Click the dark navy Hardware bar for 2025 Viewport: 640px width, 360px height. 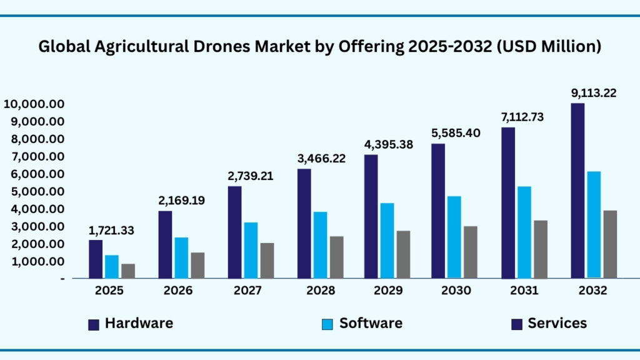pyautogui.click(x=96, y=259)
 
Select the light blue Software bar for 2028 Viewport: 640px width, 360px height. pyautogui.click(x=320, y=244)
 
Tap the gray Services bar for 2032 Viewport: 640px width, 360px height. pyautogui.click(x=610, y=244)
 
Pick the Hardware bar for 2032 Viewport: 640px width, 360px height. pyautogui.click(x=577, y=191)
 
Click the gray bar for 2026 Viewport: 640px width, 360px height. pyautogui.click(x=197, y=265)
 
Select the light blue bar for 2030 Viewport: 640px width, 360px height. pyautogui.click(x=454, y=237)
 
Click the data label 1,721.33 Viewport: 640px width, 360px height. pyautogui.click(x=111, y=231)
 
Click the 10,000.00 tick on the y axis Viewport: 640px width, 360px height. pyautogui.click(x=35, y=104)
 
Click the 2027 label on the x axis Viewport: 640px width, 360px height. pyautogui.click(x=247, y=291)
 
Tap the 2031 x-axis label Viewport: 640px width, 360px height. pyautogui.click(x=524, y=291)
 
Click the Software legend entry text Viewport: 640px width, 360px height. pyautogui.click(x=371, y=323)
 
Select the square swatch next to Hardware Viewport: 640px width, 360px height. pyautogui.click(x=94, y=324)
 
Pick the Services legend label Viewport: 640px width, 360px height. pyautogui.click(x=557, y=323)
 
